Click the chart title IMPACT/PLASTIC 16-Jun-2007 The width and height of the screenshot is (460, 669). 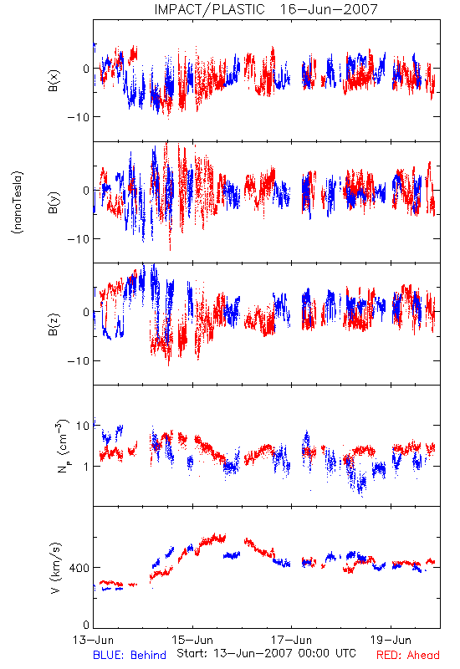(266, 9)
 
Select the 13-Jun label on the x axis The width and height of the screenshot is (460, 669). (93, 640)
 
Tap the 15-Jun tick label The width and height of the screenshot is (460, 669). (192, 640)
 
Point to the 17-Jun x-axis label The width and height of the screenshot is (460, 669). (291, 640)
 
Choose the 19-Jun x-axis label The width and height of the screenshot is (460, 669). (391, 640)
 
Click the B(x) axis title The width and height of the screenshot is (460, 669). (54, 80)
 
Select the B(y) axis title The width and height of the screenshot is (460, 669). (54, 202)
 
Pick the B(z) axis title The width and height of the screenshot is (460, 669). (54, 324)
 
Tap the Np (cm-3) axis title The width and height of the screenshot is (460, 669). (62, 446)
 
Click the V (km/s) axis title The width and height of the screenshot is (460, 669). (55, 568)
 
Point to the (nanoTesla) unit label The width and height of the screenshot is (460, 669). (18, 202)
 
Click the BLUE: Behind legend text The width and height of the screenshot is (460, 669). (130, 655)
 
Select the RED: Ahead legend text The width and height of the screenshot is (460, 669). (408, 655)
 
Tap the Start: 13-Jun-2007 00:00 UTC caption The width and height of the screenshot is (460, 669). (266, 653)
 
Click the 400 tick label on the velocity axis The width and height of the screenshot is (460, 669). (79, 568)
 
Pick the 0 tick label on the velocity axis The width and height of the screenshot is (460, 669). (87, 626)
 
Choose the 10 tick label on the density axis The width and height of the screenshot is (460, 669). (83, 426)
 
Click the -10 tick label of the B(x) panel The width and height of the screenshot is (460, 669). (79, 117)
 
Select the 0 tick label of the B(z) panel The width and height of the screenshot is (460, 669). (87, 312)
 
